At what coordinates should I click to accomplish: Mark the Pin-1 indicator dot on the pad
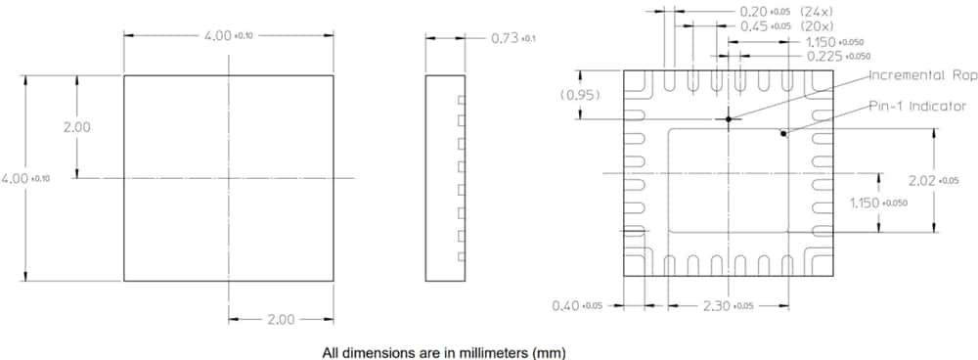783,134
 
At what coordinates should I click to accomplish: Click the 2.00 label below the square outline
283,319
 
